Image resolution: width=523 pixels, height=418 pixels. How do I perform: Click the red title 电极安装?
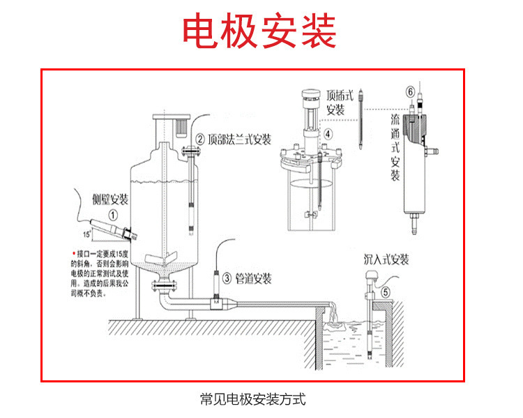[x=259, y=31]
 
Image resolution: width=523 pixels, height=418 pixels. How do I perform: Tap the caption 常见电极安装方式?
[x=252, y=400]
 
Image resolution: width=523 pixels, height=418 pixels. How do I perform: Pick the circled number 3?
[x=227, y=278]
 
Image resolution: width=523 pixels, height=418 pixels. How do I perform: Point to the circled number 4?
[x=328, y=134]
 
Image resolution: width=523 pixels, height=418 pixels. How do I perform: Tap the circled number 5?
[x=386, y=283]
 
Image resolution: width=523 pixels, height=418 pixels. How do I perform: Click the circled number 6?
[x=410, y=91]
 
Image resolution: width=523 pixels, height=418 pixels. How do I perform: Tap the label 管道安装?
[x=253, y=278]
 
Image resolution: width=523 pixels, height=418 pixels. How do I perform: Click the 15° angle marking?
[x=86, y=232]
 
